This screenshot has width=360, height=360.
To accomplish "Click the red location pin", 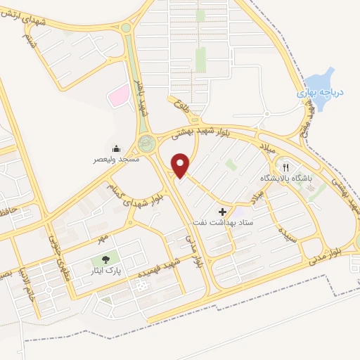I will (181, 165).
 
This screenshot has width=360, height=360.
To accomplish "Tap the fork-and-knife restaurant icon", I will (285, 167).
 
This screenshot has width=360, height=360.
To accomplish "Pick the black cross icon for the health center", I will (223, 211).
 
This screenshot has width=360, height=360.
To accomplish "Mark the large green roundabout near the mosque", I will (147, 144).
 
